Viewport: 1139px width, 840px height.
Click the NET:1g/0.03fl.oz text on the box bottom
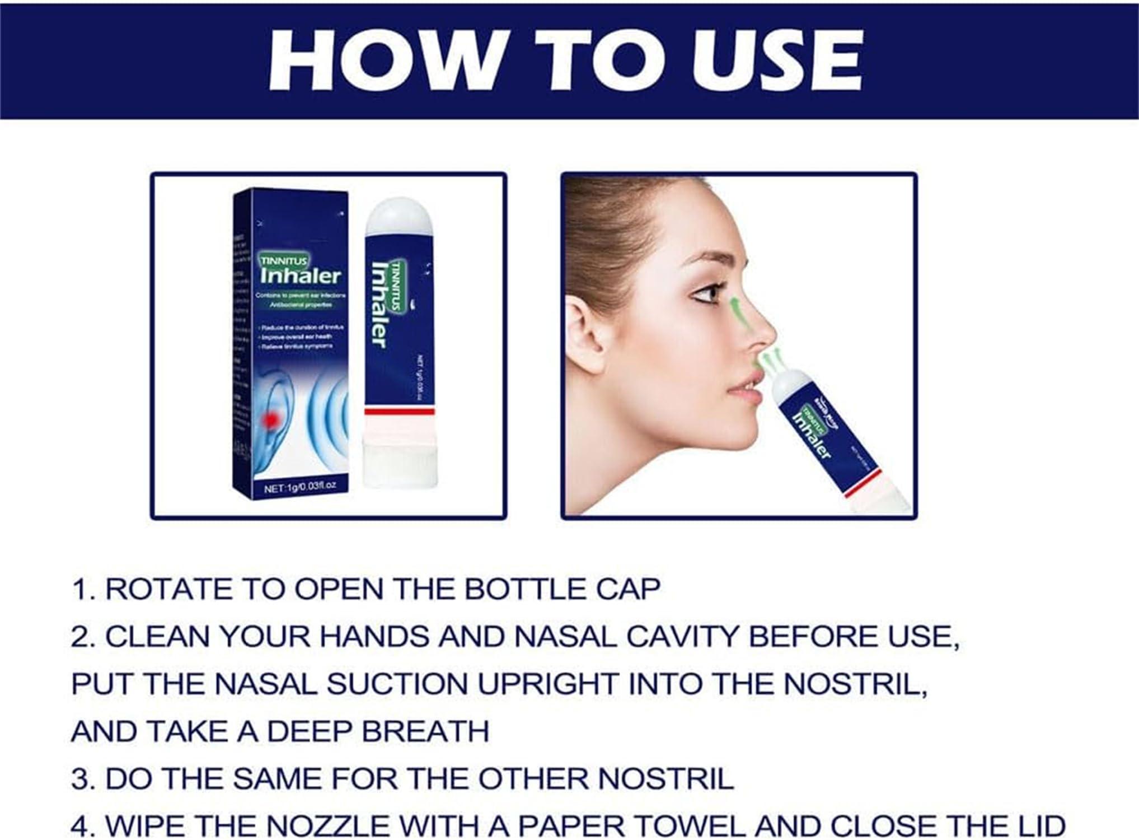coord(300,487)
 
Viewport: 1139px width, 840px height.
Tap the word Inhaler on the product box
coord(301,276)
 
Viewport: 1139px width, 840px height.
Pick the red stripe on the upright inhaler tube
coord(399,412)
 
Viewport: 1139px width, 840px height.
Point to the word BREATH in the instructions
coord(425,731)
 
